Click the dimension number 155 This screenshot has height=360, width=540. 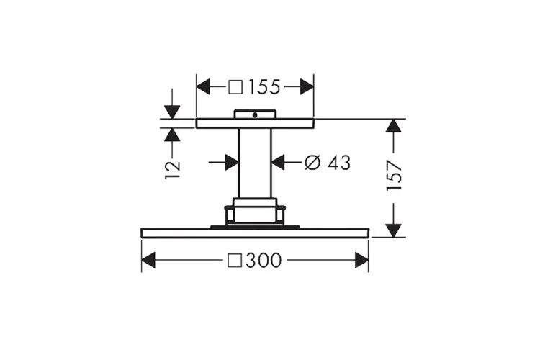264,87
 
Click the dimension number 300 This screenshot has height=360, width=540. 264,260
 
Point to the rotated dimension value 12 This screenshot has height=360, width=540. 173,169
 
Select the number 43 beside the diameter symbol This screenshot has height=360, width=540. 339,163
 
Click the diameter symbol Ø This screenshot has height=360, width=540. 312,163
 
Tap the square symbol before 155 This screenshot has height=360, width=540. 235,87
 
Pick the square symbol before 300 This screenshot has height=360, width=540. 235,260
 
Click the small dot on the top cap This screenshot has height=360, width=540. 254,115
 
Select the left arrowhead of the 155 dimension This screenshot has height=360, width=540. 203,86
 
